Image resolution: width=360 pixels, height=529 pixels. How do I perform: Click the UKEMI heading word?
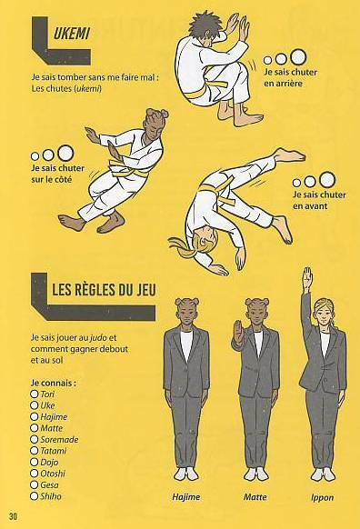click(x=71, y=34)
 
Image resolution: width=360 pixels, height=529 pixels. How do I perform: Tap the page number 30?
click(x=14, y=516)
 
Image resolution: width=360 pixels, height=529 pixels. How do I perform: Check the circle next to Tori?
click(x=34, y=394)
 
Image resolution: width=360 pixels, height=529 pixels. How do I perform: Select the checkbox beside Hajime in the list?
click(x=34, y=416)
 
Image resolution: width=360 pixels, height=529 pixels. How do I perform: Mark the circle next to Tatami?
click(x=34, y=451)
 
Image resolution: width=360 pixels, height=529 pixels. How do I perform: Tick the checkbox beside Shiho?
click(x=34, y=496)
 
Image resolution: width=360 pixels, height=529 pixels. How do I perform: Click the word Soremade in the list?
click(x=59, y=439)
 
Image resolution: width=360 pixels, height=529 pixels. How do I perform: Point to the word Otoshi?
click(x=53, y=474)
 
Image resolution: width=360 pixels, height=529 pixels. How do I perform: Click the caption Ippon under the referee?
click(x=322, y=498)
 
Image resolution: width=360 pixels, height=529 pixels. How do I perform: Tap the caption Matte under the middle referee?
click(x=255, y=497)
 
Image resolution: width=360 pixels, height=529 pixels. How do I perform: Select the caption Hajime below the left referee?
click(x=185, y=497)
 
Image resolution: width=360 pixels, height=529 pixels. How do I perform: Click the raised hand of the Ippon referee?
click(x=307, y=278)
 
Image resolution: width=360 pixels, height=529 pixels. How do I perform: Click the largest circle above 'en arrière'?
click(x=298, y=56)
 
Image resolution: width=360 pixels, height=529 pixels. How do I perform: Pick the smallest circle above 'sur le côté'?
click(x=35, y=156)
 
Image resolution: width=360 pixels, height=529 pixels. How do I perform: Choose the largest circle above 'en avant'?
click(x=327, y=179)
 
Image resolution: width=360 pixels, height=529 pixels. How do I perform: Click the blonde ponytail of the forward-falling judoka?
click(x=182, y=247)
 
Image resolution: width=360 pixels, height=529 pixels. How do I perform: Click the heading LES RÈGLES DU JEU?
click(x=104, y=290)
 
